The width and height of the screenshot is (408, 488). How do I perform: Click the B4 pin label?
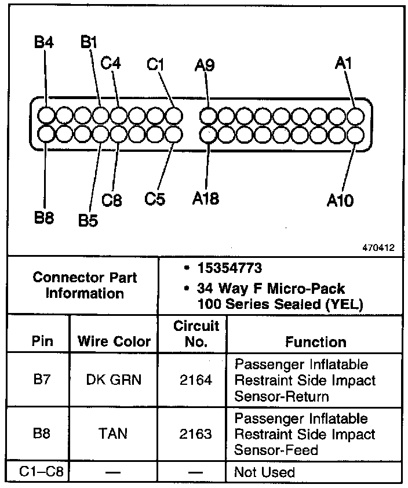tap(44, 42)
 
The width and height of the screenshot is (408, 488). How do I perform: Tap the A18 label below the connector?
tap(206, 198)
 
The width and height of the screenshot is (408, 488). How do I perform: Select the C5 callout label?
tap(155, 199)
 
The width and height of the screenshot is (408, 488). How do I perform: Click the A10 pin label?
tap(340, 201)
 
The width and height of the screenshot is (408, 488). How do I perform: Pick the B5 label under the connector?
tap(88, 221)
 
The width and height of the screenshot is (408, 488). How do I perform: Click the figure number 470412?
tap(380, 247)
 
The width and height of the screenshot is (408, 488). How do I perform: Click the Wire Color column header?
tap(114, 341)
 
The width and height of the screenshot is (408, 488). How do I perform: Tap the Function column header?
tap(315, 342)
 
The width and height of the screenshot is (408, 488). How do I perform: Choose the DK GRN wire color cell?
tap(114, 381)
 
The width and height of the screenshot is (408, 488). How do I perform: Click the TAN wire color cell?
tap(114, 434)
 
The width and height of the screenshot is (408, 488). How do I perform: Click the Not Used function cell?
tap(264, 472)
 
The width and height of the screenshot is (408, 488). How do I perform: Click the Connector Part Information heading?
tap(85, 285)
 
